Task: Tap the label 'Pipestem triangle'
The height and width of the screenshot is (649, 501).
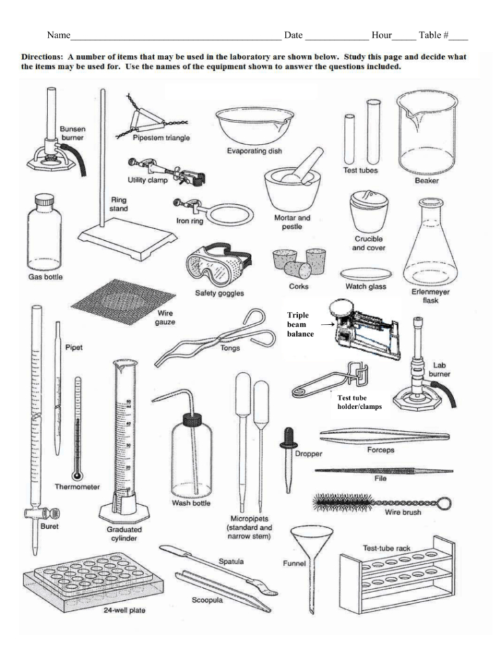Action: pyautogui.click(x=161, y=138)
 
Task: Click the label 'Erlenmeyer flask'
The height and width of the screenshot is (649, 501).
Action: pyautogui.click(x=431, y=296)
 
